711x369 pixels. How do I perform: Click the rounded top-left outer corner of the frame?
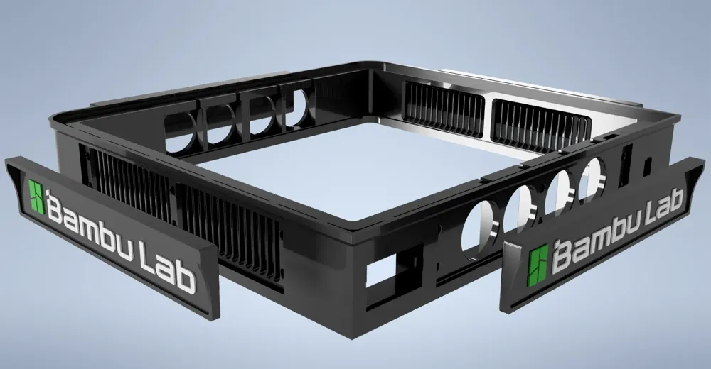click(x=64, y=118)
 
